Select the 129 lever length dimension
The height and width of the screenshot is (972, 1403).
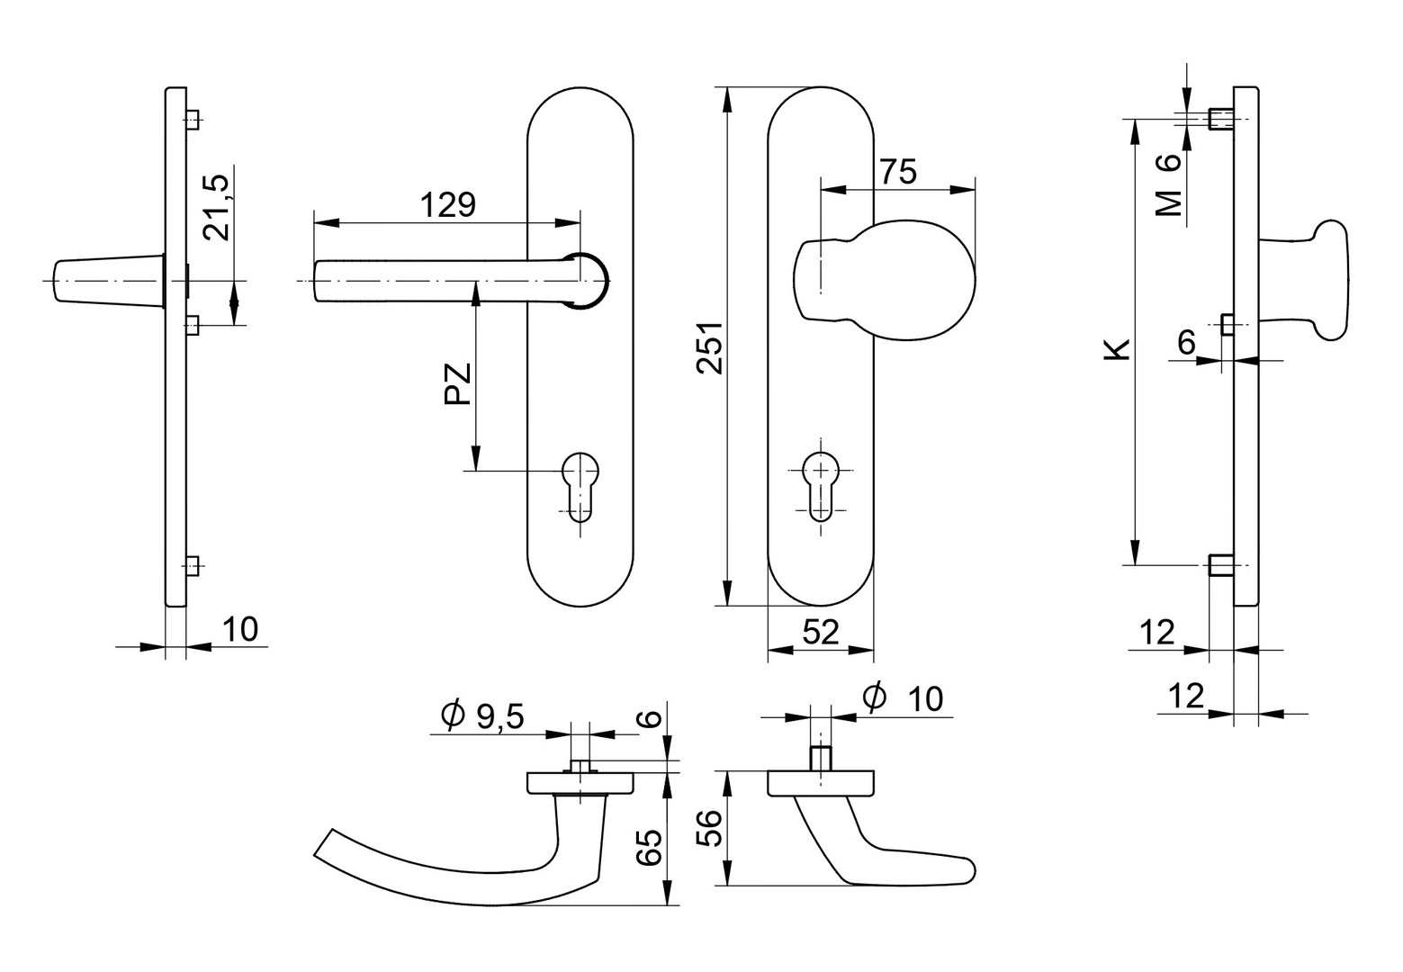pos(447,205)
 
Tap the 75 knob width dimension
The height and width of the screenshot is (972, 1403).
pos(897,171)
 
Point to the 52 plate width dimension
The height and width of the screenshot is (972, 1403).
pos(820,633)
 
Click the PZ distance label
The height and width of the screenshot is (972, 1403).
pos(459,384)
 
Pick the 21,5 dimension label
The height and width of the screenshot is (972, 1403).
pos(217,207)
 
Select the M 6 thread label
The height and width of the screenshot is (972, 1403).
pos(1168,185)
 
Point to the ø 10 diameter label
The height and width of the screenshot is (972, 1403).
pos(903,697)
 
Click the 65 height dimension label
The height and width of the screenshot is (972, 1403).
pos(650,848)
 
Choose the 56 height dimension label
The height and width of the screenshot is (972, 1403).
pos(710,828)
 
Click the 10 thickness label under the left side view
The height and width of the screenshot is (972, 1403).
pos(239,630)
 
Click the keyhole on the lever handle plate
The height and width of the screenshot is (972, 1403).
pos(580,485)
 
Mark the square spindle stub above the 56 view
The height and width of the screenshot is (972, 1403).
pos(820,758)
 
